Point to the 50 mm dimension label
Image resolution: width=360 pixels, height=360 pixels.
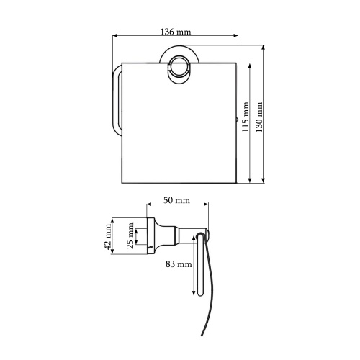176,199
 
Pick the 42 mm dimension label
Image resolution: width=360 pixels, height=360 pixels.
109,237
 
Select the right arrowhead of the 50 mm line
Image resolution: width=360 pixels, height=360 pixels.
207,206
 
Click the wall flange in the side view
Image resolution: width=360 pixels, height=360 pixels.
150,235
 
